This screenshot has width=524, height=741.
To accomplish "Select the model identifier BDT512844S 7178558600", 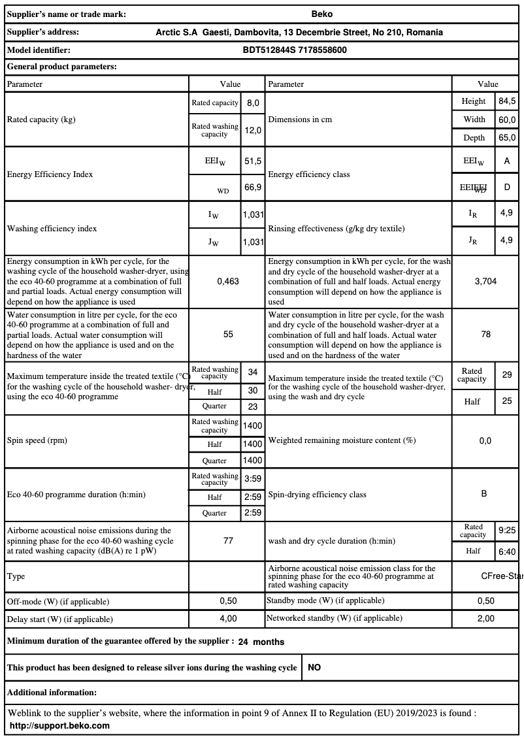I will pyautogui.click(x=295, y=50).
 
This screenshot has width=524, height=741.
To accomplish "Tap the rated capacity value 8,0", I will pyautogui.click(x=253, y=103).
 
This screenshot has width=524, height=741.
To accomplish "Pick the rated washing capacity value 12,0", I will pyautogui.click(x=253, y=131).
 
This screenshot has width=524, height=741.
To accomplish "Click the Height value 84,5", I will pyautogui.click(x=507, y=101).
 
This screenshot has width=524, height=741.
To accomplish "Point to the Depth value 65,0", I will pyautogui.click(x=507, y=138).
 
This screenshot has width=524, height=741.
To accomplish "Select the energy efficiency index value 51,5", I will pyautogui.click(x=253, y=161).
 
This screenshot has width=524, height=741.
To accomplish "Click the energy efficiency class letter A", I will pyautogui.click(x=507, y=161).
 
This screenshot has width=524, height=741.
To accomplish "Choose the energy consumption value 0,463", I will pyautogui.click(x=228, y=281).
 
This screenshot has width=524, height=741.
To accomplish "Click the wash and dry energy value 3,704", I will pyautogui.click(x=485, y=281).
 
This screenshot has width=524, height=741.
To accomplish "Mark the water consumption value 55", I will pyautogui.click(x=228, y=335).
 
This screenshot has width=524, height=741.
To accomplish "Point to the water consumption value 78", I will pyautogui.click(x=485, y=335).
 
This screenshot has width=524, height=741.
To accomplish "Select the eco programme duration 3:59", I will pyautogui.click(x=253, y=479).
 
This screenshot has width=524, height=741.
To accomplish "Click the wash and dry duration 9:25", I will pyautogui.click(x=507, y=531).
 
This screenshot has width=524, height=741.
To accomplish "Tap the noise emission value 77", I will pyautogui.click(x=228, y=541).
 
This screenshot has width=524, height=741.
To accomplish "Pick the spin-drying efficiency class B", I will pyautogui.click(x=484, y=494).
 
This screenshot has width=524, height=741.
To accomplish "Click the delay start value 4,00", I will pyautogui.click(x=228, y=618).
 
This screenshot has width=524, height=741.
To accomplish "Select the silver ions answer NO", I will pyautogui.click(x=314, y=668).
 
